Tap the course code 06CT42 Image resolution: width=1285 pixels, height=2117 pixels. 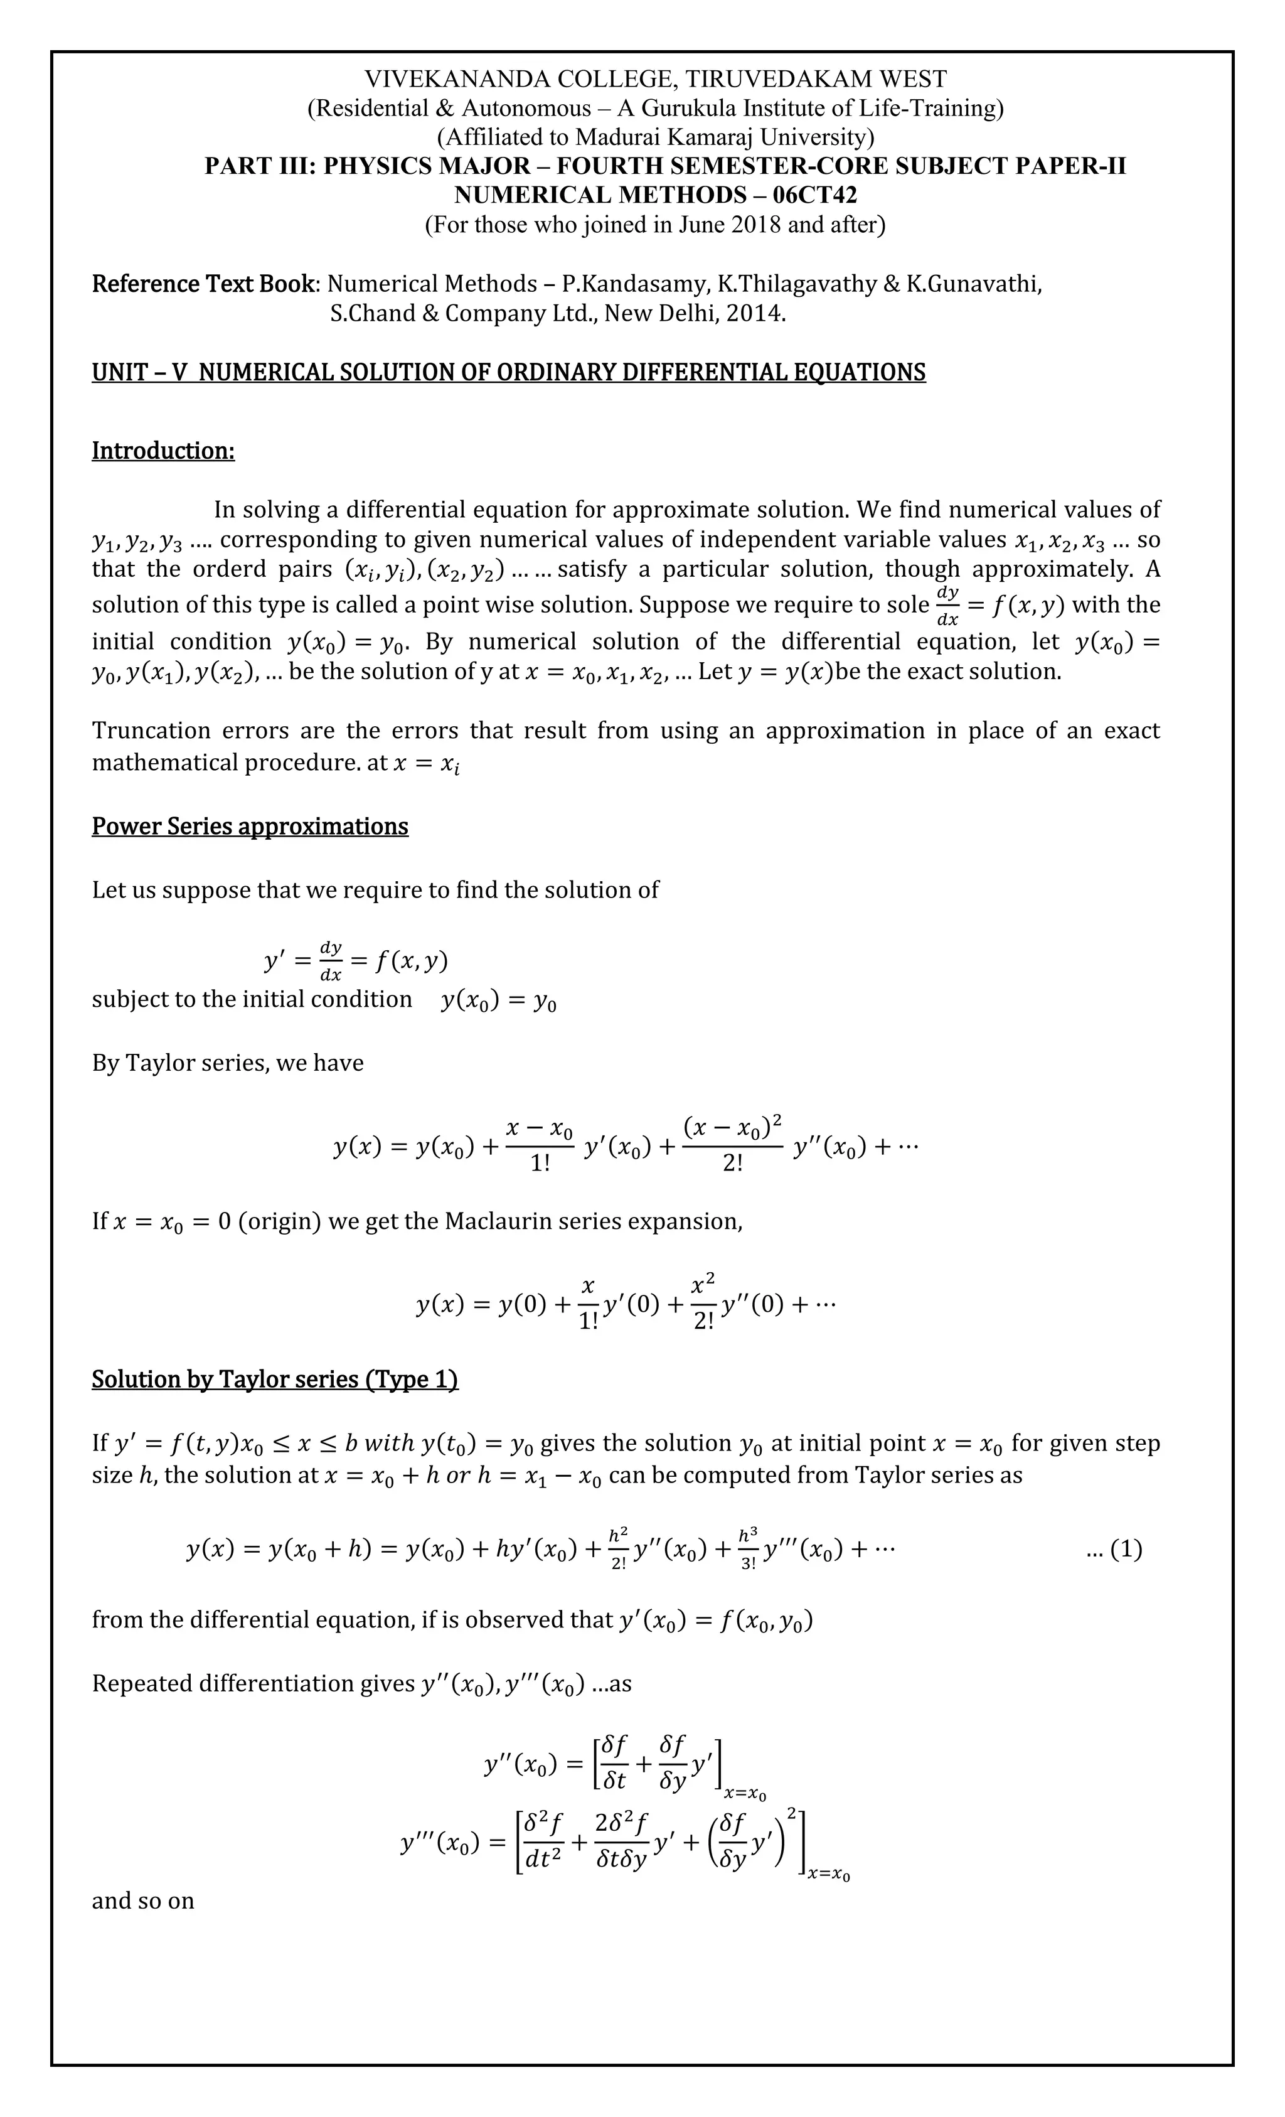[814, 195]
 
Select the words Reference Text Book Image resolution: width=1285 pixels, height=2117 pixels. [203, 284]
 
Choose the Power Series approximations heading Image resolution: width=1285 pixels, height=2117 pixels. [250, 826]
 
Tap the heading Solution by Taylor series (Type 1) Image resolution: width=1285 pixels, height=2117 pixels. [275, 1379]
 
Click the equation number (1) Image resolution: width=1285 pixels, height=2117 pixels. [1125, 1549]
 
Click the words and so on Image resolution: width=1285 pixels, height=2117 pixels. [142, 1900]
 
